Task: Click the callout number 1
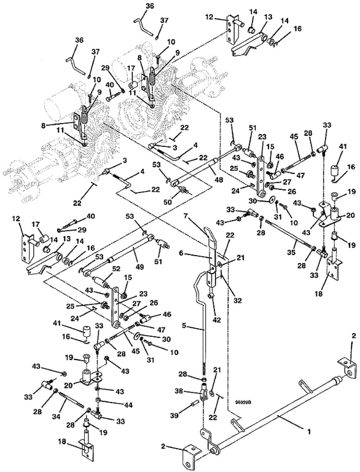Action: (x=308, y=431)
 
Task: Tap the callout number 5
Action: (x=184, y=326)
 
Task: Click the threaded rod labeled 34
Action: (x=71, y=402)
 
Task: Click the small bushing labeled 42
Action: (x=211, y=296)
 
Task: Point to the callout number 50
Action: (x=167, y=202)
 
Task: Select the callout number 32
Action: (x=238, y=301)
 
